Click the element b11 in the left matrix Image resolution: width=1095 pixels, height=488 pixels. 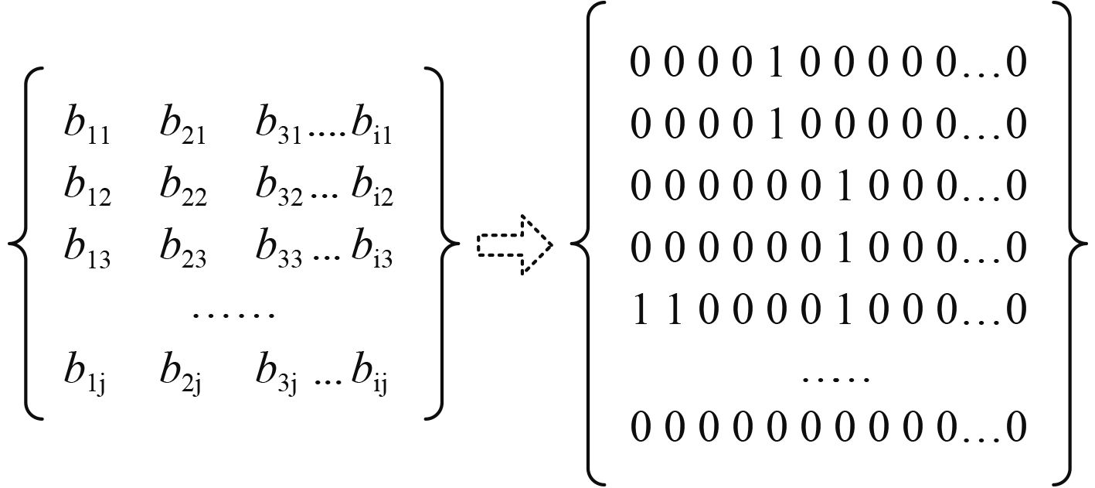click(87, 127)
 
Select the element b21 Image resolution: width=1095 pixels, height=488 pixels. click(182, 127)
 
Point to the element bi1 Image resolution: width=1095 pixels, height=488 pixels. click(372, 127)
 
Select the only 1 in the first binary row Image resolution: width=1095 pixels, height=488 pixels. click(775, 63)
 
